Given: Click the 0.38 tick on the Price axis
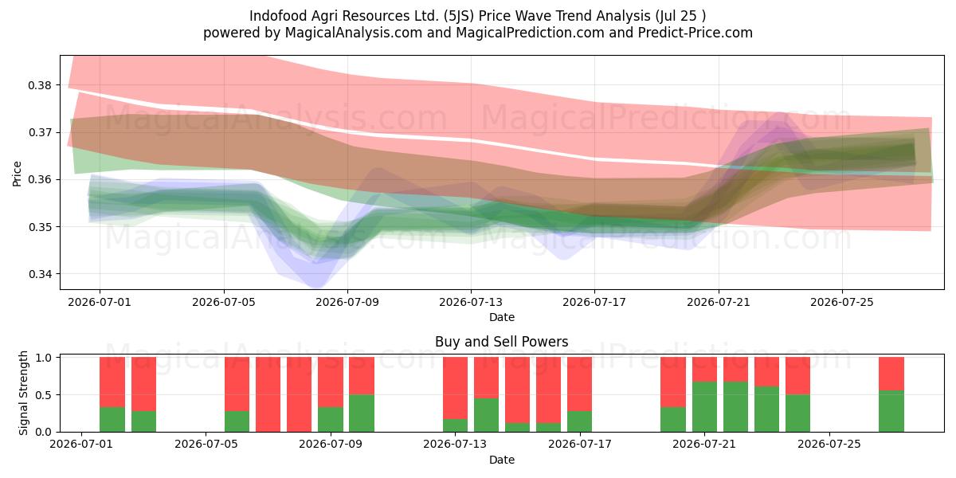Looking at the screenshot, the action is (x=40, y=85).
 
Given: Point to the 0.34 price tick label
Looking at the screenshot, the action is (x=40, y=274).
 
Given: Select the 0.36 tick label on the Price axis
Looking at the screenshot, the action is (x=40, y=180).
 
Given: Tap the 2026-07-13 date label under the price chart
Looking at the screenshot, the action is (x=471, y=302).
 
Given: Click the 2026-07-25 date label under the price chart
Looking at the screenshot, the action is (x=842, y=302).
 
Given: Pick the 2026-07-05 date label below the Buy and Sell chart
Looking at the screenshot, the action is (x=206, y=445).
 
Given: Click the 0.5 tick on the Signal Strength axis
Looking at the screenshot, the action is (x=44, y=395).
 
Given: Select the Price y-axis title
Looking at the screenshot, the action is (x=17, y=174).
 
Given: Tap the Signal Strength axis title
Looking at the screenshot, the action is (x=23, y=393).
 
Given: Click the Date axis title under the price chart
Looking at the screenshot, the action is (x=502, y=318).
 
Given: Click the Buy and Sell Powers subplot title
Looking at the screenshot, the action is (x=502, y=342).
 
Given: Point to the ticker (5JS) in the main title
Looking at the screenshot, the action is (x=459, y=16).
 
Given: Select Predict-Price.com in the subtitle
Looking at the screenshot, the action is (x=695, y=33).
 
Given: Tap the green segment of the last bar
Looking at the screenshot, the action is (x=891, y=411).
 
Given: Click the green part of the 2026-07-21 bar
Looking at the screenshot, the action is (x=704, y=407).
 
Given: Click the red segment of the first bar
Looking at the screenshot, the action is (x=112, y=382).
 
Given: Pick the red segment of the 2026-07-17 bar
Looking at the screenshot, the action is (x=580, y=384).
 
